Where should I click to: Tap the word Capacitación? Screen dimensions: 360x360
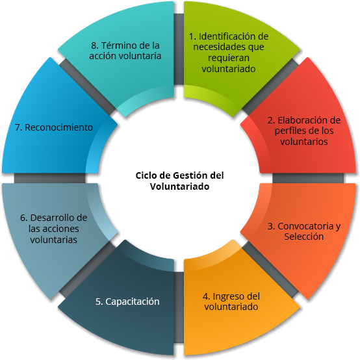(133, 302)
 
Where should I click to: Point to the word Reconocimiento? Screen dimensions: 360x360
(58, 127)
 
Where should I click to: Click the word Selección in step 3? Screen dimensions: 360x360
(304, 237)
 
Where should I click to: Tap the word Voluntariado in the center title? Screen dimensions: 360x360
(180, 186)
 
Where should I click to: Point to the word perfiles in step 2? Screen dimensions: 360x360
(290, 131)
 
